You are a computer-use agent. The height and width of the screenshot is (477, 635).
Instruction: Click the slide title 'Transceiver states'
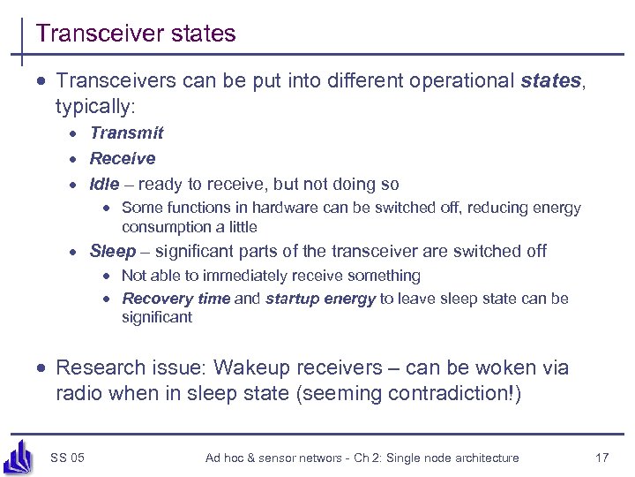136,34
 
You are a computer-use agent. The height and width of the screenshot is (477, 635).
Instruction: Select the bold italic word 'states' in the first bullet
550,81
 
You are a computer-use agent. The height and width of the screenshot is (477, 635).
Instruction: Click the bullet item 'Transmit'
126,133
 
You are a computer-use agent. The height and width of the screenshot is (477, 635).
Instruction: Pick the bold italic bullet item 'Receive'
122,159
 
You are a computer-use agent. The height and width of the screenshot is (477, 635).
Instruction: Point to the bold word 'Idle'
104,185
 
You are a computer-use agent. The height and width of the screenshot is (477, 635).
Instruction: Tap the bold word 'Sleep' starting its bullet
113,252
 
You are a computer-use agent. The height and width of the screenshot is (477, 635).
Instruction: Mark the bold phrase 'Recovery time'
176,299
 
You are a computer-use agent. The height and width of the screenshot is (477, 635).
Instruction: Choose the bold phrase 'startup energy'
320,299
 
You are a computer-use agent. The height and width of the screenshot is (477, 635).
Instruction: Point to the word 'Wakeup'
261,367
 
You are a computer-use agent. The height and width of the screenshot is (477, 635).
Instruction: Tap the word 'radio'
79,393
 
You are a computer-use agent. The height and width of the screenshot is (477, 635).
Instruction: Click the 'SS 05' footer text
68,458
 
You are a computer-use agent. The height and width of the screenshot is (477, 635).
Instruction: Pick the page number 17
602,458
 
